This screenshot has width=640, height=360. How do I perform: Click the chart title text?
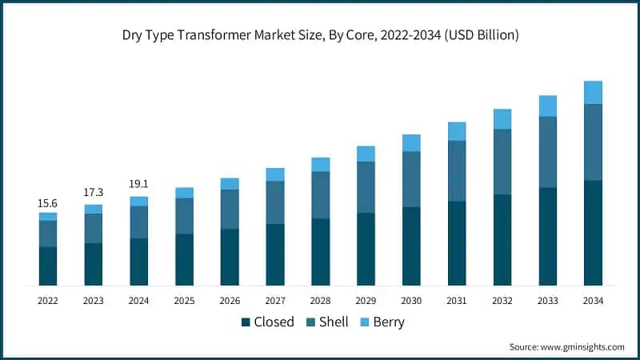[320, 34]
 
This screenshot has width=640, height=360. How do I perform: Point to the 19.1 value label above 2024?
[139, 184]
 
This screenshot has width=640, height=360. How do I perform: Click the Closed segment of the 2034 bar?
[593, 233]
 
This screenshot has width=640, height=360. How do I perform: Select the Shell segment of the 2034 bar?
[593, 142]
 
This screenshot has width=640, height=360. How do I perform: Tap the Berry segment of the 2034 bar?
[593, 93]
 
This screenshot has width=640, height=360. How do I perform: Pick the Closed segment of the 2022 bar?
[48, 266]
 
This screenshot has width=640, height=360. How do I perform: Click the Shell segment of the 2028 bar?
[320, 194]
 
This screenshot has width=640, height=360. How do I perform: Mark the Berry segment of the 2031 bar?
[457, 131]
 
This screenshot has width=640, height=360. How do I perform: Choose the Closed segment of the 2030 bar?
[411, 246]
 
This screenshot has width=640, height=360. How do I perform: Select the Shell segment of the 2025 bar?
[184, 216]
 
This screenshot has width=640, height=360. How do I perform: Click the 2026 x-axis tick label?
[230, 301]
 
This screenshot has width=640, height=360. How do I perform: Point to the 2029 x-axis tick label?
[366, 301]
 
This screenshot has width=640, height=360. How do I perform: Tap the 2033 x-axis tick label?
[547, 301]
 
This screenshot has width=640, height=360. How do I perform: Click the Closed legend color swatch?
[246, 322]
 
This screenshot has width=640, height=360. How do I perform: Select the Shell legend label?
[334, 322]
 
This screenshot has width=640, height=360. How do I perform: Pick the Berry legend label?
[388, 322]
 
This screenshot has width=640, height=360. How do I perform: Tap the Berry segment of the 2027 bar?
[275, 174]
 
